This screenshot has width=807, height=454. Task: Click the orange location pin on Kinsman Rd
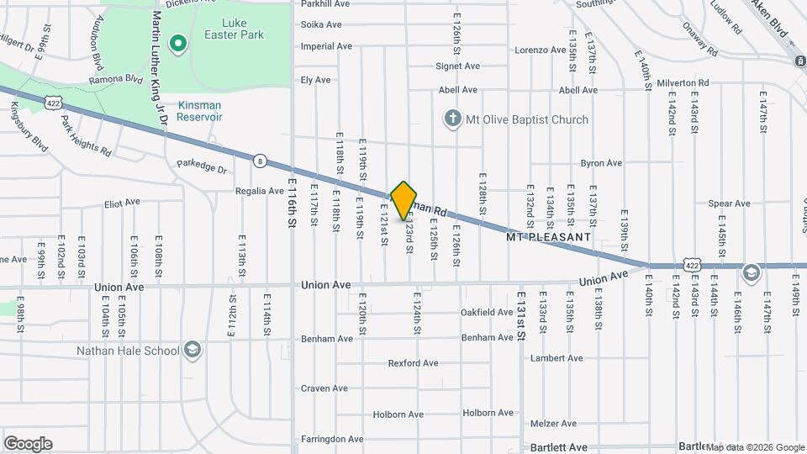click(x=404, y=200)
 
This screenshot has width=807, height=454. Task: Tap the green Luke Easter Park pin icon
click(x=177, y=44)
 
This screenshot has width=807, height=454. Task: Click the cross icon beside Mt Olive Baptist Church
click(x=453, y=119)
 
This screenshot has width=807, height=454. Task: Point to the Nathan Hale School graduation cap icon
click(x=193, y=351)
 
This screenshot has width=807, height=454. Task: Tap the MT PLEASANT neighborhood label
click(x=548, y=238)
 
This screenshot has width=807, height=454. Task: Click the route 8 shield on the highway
click(x=261, y=160)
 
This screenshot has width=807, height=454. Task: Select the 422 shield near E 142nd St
click(x=691, y=265)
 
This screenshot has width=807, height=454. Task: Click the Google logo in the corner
click(x=28, y=444)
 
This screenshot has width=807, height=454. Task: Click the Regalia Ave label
click(x=260, y=191)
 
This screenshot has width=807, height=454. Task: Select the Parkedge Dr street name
click(x=203, y=168)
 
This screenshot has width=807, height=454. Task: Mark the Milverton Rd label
click(x=683, y=82)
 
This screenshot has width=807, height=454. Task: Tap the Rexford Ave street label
click(x=414, y=363)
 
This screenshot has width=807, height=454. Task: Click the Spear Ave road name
click(x=729, y=203)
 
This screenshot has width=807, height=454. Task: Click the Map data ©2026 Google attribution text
click(x=756, y=447)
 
